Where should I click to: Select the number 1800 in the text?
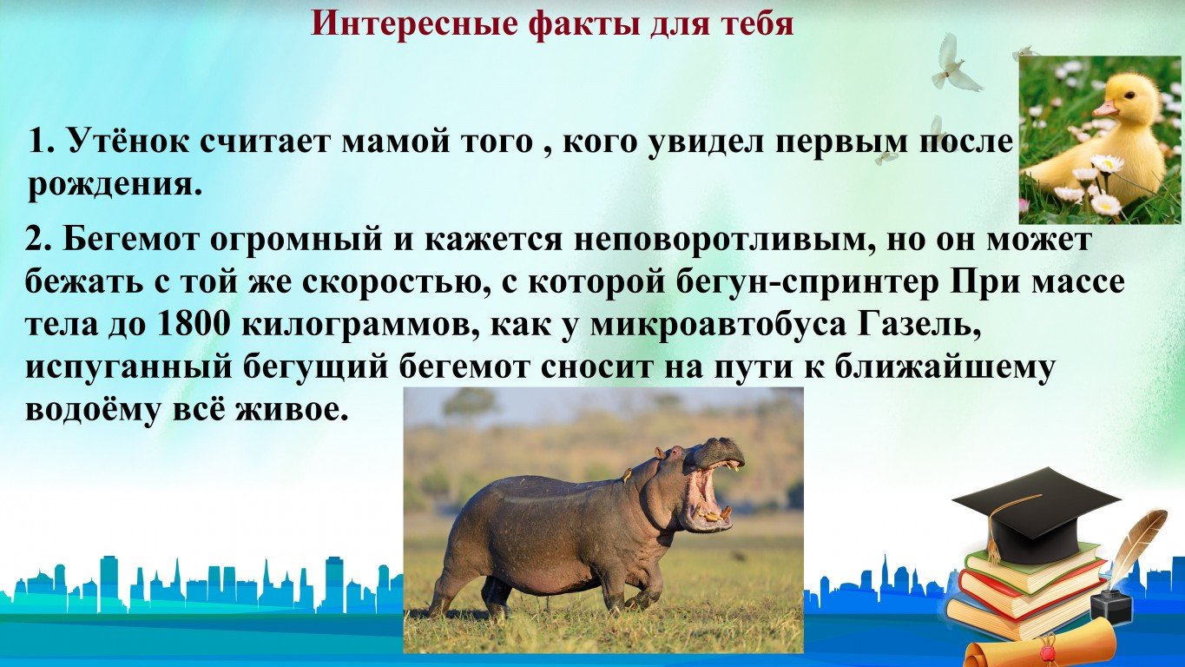pyautogui.click(x=193, y=325)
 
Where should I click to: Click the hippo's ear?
pyautogui.click(x=659, y=453)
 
